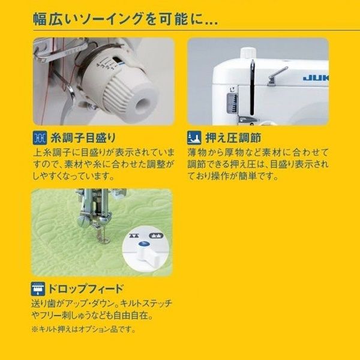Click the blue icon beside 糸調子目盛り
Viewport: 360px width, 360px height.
(40, 137)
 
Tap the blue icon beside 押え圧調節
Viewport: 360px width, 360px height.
(193, 137)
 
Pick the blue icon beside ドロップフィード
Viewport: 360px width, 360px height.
(40, 287)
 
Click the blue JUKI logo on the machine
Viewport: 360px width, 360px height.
(316, 77)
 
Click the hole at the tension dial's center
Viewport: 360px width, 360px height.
(142, 103)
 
